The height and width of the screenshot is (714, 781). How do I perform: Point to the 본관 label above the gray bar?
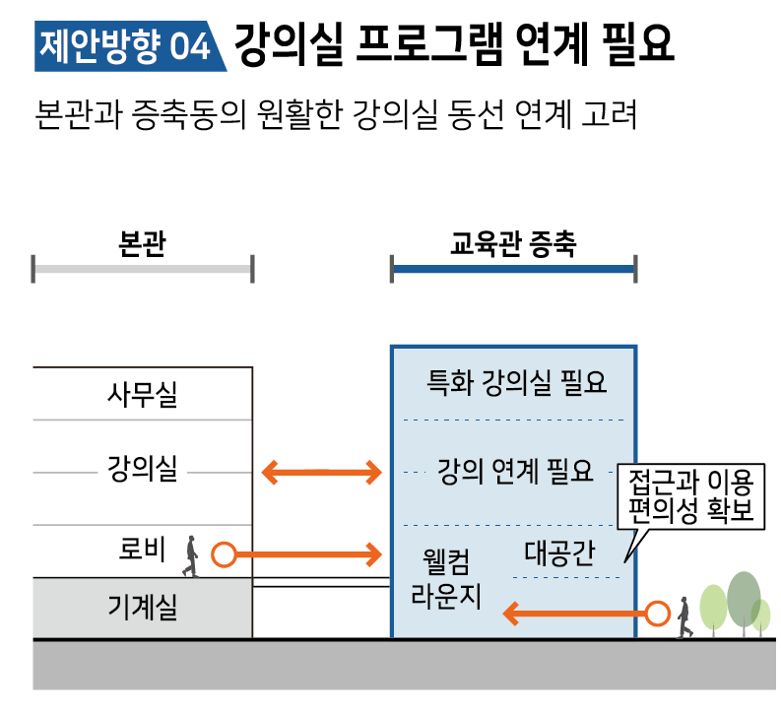(x=142, y=243)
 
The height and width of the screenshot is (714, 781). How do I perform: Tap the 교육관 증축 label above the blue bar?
(x=512, y=243)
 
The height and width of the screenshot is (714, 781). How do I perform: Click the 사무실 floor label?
(x=142, y=396)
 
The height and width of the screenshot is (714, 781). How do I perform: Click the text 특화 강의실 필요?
(x=515, y=382)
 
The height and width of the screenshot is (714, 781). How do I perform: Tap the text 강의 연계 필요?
(x=515, y=473)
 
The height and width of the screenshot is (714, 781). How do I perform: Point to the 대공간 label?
(x=558, y=552)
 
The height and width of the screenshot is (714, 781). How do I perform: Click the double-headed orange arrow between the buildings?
(x=322, y=474)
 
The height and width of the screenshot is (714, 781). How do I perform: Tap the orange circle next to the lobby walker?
(x=224, y=555)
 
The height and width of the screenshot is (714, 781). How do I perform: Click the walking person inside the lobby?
(x=190, y=556)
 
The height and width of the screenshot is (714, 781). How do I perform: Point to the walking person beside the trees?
(x=683, y=617)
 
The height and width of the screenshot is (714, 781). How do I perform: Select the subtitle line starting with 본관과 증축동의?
(x=336, y=112)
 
